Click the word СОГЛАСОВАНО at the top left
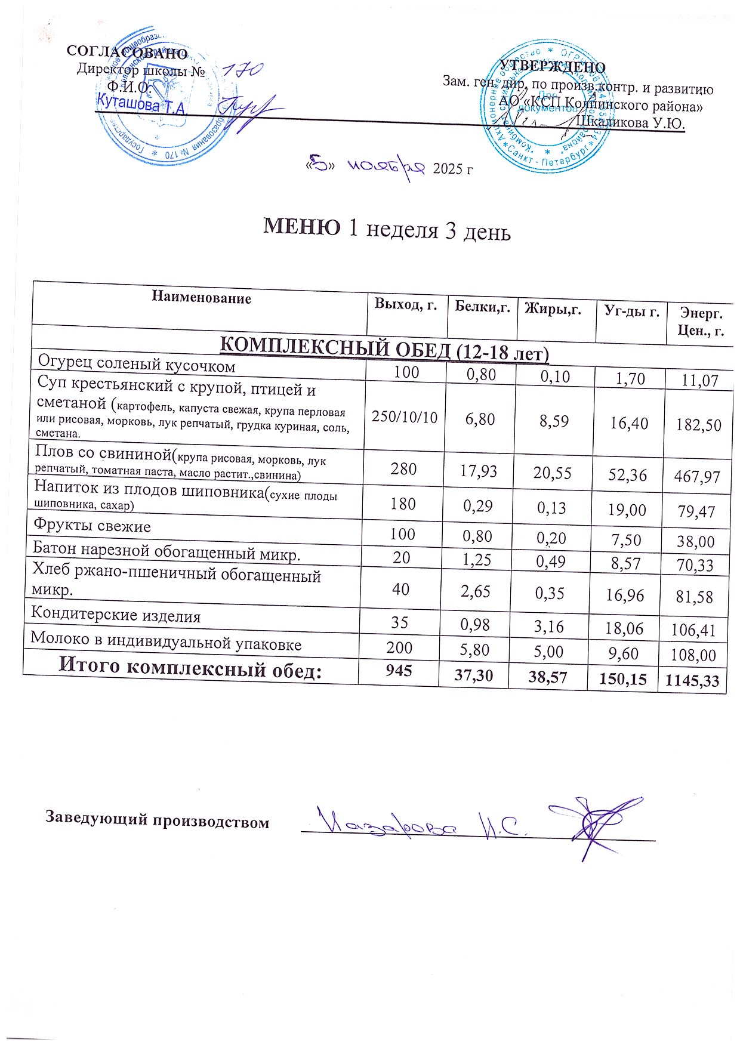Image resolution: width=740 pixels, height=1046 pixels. click(128, 53)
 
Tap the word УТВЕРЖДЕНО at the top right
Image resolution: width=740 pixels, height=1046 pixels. click(551, 67)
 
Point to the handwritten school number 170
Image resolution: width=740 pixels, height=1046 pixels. click(242, 70)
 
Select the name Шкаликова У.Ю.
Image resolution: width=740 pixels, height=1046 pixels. click(630, 123)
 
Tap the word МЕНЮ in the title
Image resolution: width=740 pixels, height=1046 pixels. click(303, 227)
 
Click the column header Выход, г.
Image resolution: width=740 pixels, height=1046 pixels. click(406, 304)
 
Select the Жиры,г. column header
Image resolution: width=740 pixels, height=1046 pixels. click(553, 308)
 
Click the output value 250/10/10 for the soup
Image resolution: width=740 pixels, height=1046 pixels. click(405, 416)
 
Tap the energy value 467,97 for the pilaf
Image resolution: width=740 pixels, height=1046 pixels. click(697, 476)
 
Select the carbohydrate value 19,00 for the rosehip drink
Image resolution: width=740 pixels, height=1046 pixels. click(628, 509)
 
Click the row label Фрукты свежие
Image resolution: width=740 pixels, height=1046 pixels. click(92, 526)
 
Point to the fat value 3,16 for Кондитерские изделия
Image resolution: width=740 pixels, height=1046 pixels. click(549, 627)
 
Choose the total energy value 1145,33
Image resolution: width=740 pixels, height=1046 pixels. click(692, 680)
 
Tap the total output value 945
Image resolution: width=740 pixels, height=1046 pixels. click(399, 671)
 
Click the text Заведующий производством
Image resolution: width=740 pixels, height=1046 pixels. click(158, 820)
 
